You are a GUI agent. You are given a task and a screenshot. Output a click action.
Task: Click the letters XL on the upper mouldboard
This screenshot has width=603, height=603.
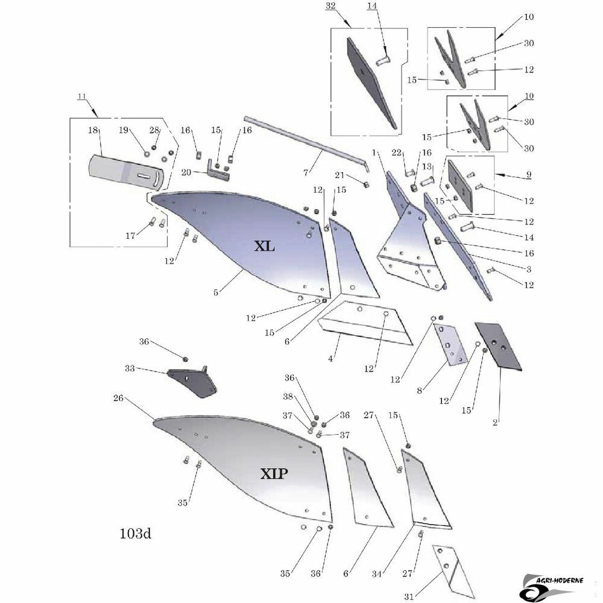pos(265,246)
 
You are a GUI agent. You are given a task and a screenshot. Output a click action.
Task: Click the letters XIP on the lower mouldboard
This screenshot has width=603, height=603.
pos(274,473)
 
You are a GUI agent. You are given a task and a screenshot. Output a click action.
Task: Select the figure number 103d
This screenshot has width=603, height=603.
pos(135,534)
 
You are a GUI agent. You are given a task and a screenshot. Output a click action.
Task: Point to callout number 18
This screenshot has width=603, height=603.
pos(93,130)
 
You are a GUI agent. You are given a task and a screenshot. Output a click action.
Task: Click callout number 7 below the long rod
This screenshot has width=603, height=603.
pos(306,173)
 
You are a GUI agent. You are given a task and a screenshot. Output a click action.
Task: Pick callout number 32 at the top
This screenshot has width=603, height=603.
pos(330,6)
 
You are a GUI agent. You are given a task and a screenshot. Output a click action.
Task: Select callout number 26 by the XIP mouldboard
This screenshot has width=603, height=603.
pos(118,398)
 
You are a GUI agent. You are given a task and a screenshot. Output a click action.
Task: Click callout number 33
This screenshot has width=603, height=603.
pos(130,368)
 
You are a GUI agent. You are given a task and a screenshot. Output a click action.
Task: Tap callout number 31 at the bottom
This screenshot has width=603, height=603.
pos(409,596)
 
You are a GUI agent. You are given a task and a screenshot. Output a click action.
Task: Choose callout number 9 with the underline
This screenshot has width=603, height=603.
pos(529,174)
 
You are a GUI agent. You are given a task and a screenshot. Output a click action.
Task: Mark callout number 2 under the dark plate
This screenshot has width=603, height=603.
pos(495,422)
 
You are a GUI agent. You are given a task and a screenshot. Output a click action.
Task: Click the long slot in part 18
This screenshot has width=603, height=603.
pos(145,175)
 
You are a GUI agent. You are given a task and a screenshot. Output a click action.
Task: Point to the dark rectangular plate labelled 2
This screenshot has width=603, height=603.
pos(498,346)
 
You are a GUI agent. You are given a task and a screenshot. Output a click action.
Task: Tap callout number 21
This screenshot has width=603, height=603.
pos(339,175)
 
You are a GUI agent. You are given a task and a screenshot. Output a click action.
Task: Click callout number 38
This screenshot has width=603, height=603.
pos(288,396)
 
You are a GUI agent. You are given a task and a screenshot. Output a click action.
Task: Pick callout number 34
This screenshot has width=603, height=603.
pos(376,574)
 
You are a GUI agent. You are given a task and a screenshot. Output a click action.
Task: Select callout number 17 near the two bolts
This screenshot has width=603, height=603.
pos(130,235)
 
